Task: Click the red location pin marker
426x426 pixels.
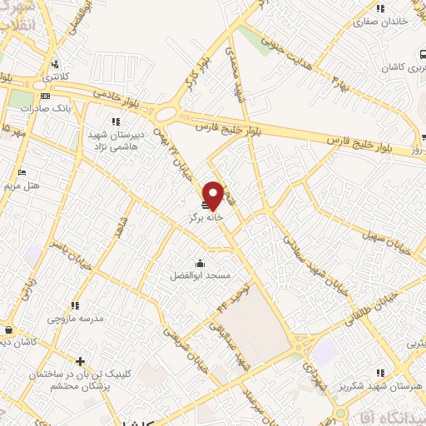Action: point(213,196)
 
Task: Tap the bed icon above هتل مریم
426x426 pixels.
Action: point(22,173)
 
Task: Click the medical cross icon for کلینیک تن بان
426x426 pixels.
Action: point(79,361)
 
